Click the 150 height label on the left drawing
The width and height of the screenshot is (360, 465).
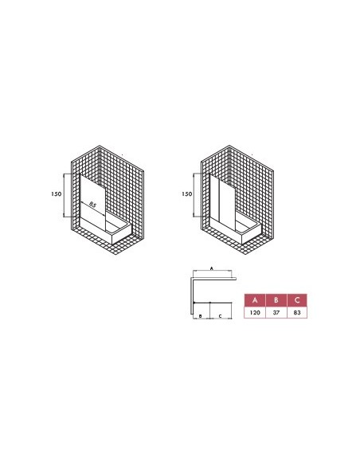pos(57,193)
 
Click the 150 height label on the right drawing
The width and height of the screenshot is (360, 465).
pos(186,193)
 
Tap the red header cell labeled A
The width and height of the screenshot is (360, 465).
pos(254,300)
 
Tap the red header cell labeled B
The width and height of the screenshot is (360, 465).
pos(276,300)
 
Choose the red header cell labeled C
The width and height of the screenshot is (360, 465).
pos(296,300)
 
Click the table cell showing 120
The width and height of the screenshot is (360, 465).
pos(254,314)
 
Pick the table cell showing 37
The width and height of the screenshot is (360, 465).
pos(276,314)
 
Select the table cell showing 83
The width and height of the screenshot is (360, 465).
pos(296,314)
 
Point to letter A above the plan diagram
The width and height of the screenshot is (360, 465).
pos(211,270)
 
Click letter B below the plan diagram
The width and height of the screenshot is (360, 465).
pos(200,316)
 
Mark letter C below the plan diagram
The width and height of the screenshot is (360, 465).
pos(219,316)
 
